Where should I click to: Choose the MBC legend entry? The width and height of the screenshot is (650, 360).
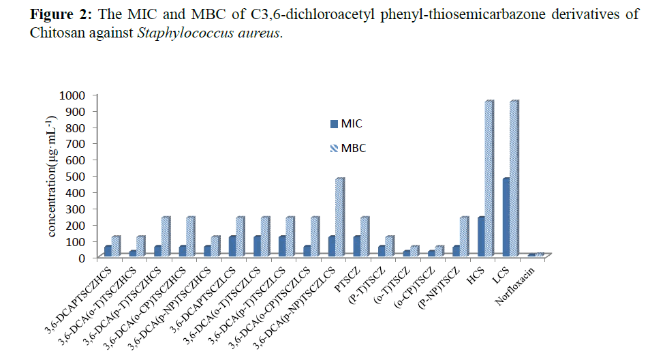pos(348,147)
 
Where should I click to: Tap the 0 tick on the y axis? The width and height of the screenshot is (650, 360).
pos(89,258)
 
